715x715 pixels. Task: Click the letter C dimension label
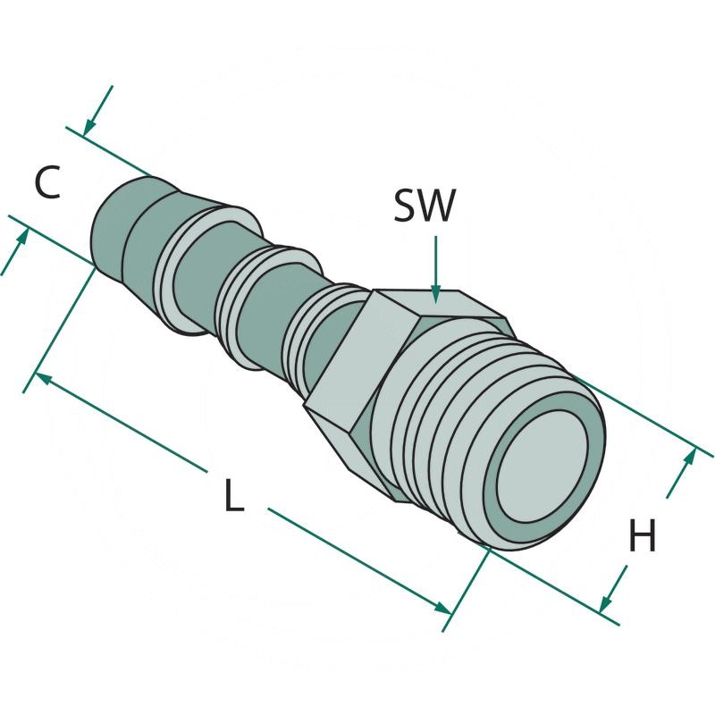coord(47,183)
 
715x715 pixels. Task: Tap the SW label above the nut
coord(425,206)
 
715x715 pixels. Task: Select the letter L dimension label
coord(233,496)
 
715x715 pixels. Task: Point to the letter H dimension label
coord(642,537)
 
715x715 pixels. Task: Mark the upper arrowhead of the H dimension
coord(689,456)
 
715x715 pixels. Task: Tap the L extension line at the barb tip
coord(67,322)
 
